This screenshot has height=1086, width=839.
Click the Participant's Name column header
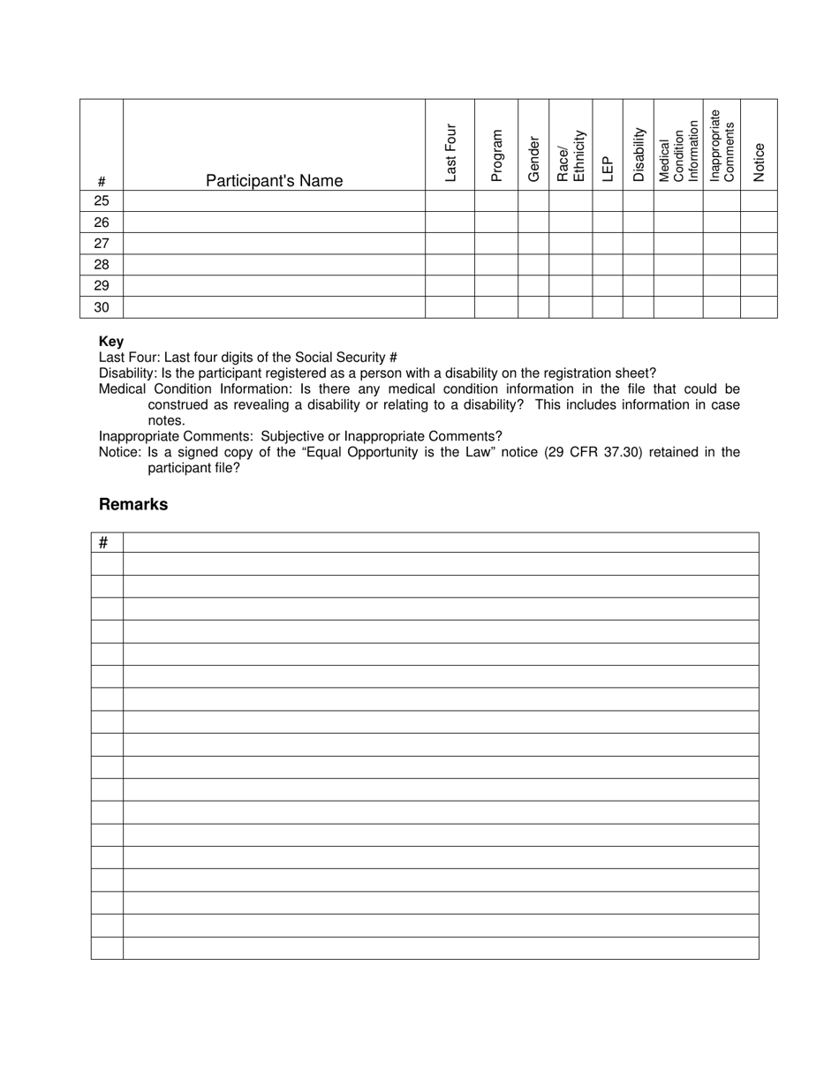(274, 181)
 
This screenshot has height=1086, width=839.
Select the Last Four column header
(450, 153)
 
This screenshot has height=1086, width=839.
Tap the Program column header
(496, 155)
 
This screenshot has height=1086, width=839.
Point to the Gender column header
(533, 159)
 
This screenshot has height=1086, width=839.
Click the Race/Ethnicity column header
(571, 155)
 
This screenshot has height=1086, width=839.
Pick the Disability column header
(639, 155)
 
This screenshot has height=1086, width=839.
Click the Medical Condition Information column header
(678, 151)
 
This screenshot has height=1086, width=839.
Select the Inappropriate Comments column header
(722, 146)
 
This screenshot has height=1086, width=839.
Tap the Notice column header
(759, 162)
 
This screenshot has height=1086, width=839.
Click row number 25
(102, 201)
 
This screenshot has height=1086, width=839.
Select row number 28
(102, 265)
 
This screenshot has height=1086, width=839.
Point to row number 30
(102, 307)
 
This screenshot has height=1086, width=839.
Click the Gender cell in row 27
(533, 244)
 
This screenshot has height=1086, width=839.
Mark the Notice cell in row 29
(759, 286)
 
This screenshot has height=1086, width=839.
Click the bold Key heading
(111, 342)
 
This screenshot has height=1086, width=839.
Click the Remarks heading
(133, 505)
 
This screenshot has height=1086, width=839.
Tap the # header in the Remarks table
(104, 542)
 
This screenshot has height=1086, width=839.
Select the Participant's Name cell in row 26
(274, 222)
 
